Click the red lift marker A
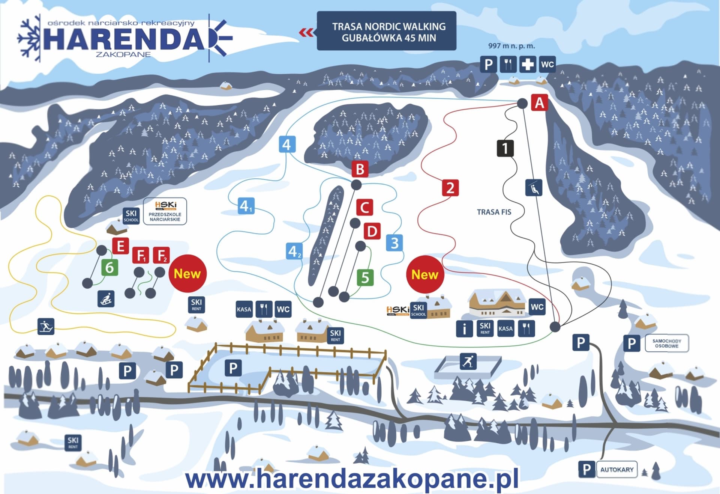pyautogui.click(x=539, y=102)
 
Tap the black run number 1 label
pyautogui.click(x=505, y=148)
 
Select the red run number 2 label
pyautogui.click(x=450, y=188)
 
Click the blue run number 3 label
pyautogui.click(x=394, y=243)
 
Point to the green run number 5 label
pyautogui.click(x=365, y=278)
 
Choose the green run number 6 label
pyautogui.click(x=109, y=268)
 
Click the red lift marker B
pyautogui.click(x=360, y=169)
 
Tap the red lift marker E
pyautogui.click(x=120, y=246)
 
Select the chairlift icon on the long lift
pyautogui.click(x=534, y=188)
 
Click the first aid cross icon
pyautogui.click(x=527, y=65)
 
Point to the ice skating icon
pyautogui.click(x=468, y=361)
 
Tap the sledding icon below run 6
pyautogui.click(x=106, y=299)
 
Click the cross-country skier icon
pyautogui.click(x=46, y=326)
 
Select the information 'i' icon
pyautogui.click(x=464, y=329)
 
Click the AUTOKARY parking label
pyautogui.click(x=616, y=470)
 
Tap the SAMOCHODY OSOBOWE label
pyautogui.click(x=667, y=343)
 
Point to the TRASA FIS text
pyautogui.click(x=494, y=212)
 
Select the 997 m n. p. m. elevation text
pyautogui.click(x=511, y=46)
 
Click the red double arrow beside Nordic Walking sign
pyautogui.click(x=306, y=33)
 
